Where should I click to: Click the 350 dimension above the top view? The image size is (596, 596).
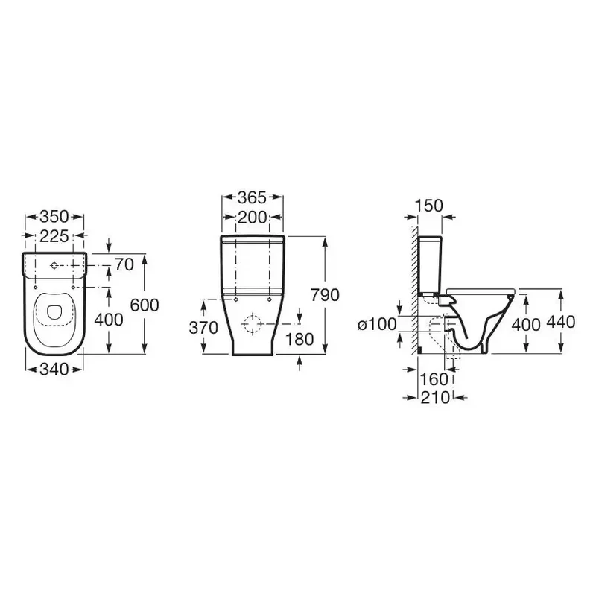[54, 217]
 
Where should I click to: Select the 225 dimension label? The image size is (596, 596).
[54, 236]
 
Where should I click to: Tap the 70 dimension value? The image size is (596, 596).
[124, 264]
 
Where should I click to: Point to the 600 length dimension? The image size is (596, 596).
[145, 305]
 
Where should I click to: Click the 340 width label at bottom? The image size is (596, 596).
[54, 369]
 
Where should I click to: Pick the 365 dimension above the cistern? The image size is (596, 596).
[252, 197]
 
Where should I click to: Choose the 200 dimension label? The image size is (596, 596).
[252, 218]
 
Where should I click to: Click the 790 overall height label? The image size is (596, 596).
[325, 295]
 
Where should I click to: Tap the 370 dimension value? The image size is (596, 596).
[203, 327]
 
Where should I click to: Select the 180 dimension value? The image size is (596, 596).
[299, 340]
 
